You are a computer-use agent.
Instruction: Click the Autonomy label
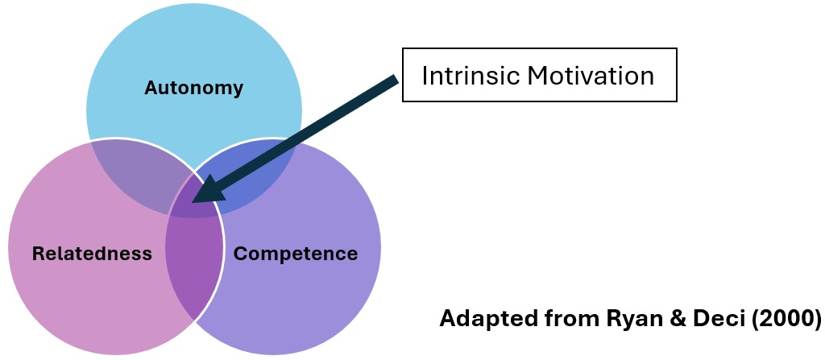click(x=193, y=88)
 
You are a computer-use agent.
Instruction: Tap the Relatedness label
click(x=92, y=254)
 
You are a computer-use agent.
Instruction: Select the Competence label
click(x=295, y=254)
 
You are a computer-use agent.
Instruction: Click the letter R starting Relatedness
click(x=38, y=254)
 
